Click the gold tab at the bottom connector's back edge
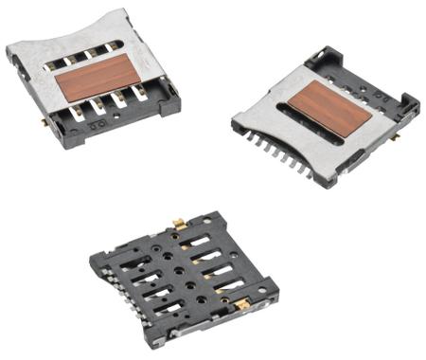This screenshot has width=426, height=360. tap(177, 224)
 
